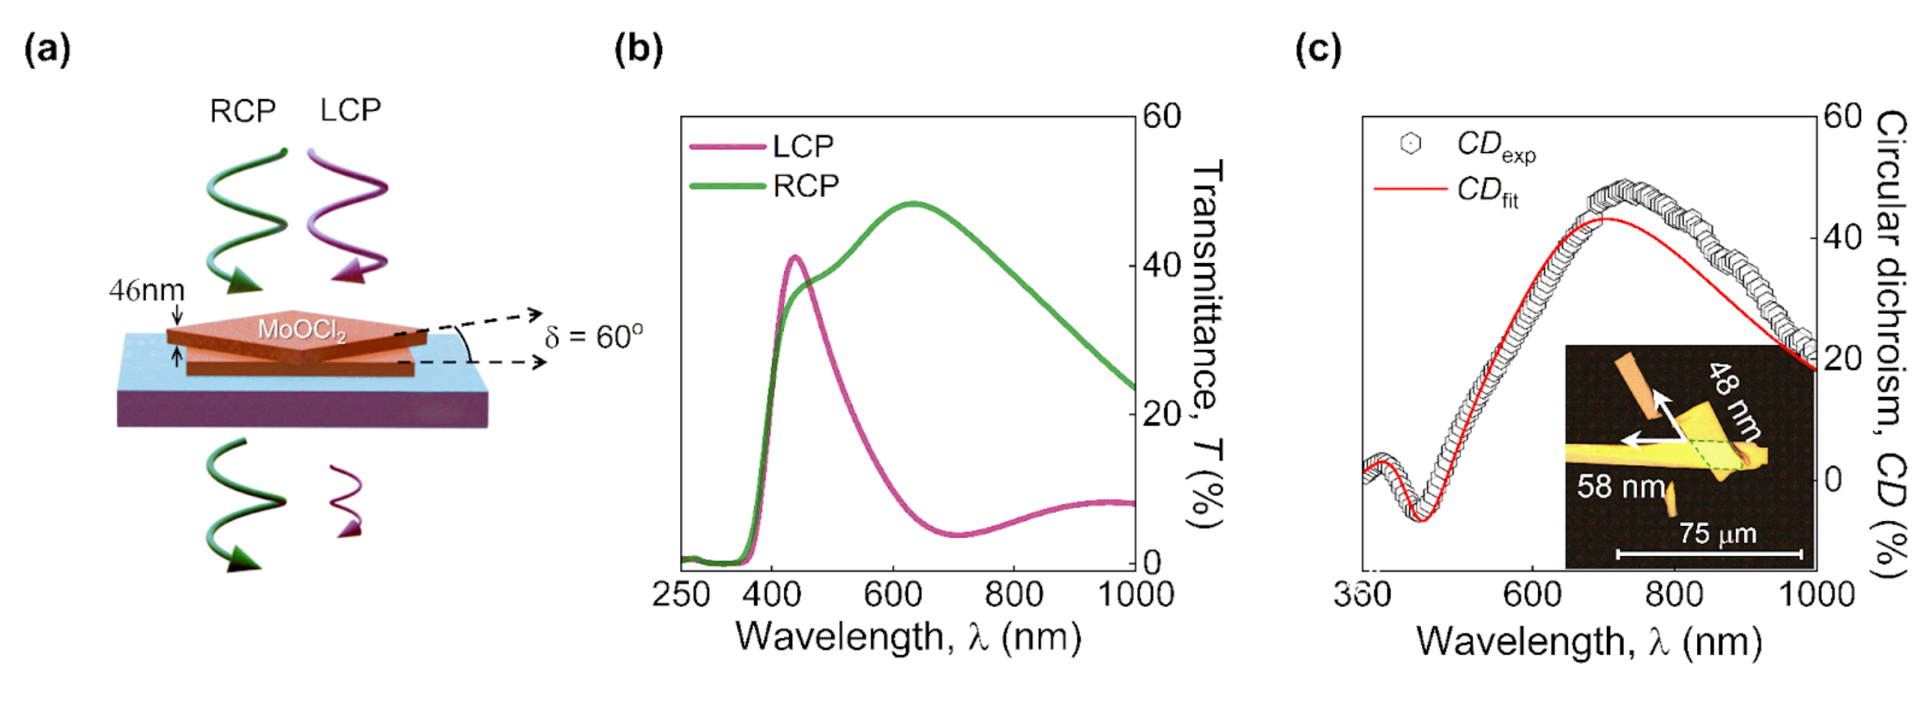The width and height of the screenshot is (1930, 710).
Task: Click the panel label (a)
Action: point(47,49)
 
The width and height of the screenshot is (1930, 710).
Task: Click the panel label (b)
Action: point(638,49)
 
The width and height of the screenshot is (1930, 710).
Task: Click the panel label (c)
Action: point(1318,49)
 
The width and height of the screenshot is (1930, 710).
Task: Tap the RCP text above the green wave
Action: point(242,111)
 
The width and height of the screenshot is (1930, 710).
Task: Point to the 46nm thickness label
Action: point(146,291)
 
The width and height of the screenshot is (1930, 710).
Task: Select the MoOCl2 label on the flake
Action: point(302,330)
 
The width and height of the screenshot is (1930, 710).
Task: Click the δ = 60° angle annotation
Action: point(593,336)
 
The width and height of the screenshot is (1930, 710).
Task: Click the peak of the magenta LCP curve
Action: point(794,257)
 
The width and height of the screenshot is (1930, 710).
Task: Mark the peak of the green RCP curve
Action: point(913,204)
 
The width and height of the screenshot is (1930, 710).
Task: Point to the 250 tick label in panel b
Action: point(681,594)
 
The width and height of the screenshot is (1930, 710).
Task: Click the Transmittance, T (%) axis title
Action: point(1207,344)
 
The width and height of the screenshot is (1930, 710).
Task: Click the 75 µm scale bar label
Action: point(1718,534)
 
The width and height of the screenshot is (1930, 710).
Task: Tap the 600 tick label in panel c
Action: point(1533,594)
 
